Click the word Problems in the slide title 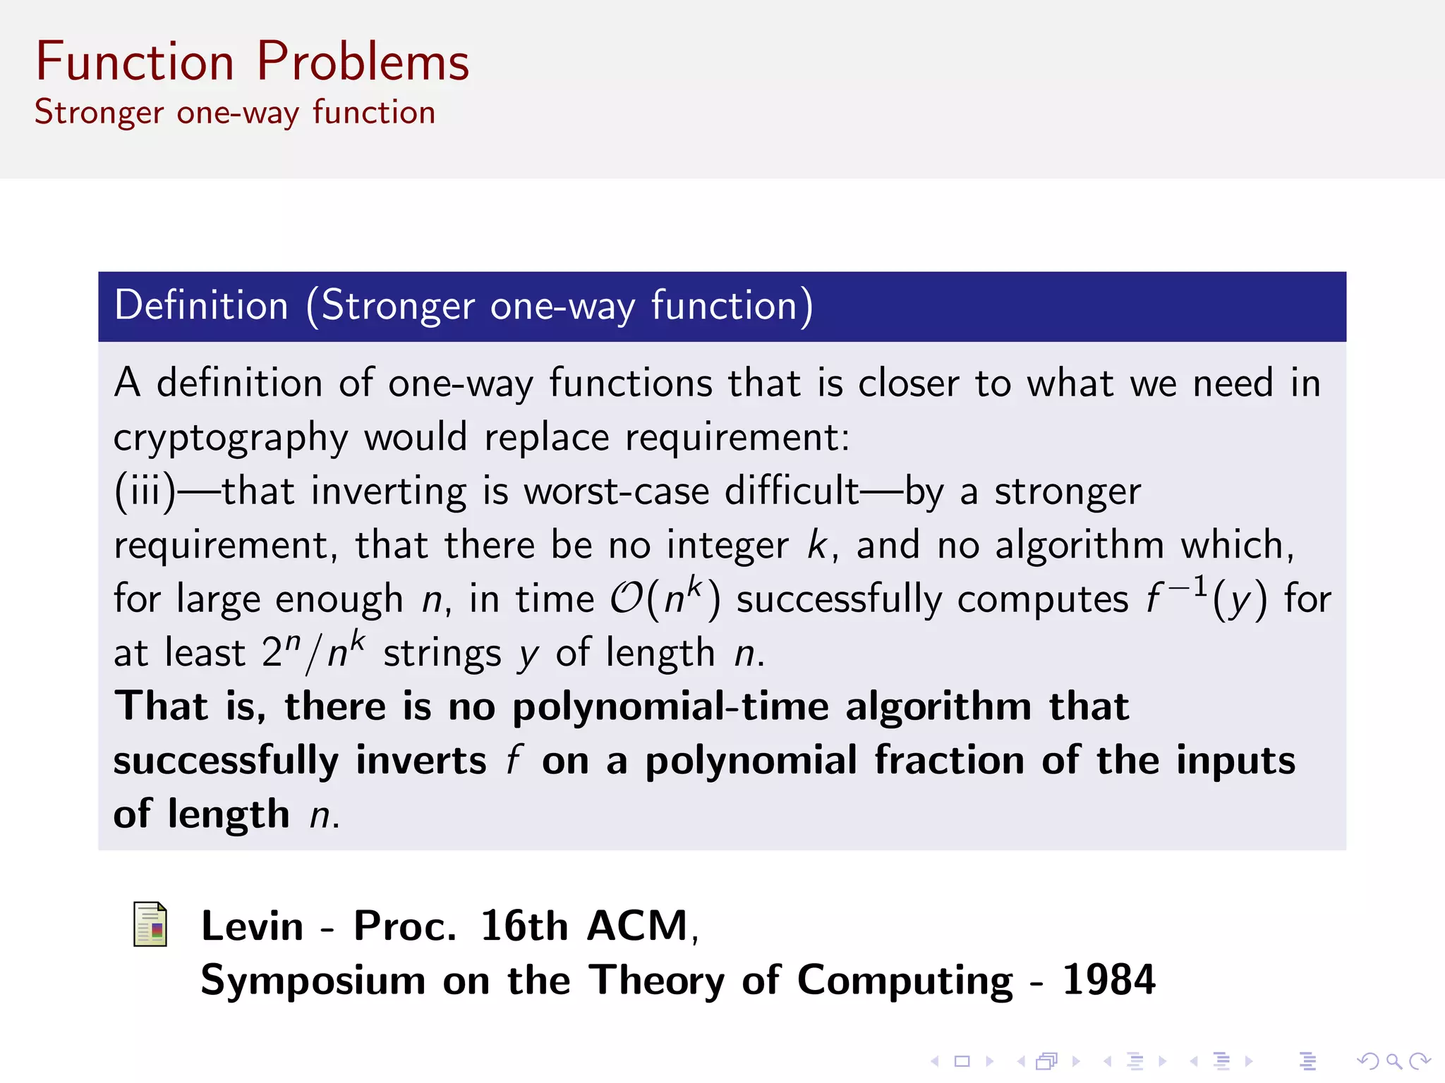tap(363, 62)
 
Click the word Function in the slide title tap(135, 62)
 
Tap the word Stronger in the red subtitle tap(99, 113)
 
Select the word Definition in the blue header tap(202, 306)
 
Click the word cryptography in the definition tap(231, 438)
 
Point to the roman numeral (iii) tap(145, 491)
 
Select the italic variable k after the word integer tap(817, 546)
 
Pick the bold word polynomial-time tap(670, 707)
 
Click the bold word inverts tap(421, 761)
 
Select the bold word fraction tap(950, 761)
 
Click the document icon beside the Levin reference tap(150, 924)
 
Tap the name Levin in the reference tap(252, 926)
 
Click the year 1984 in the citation tap(1108, 980)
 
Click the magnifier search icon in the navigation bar tap(1393, 1061)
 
